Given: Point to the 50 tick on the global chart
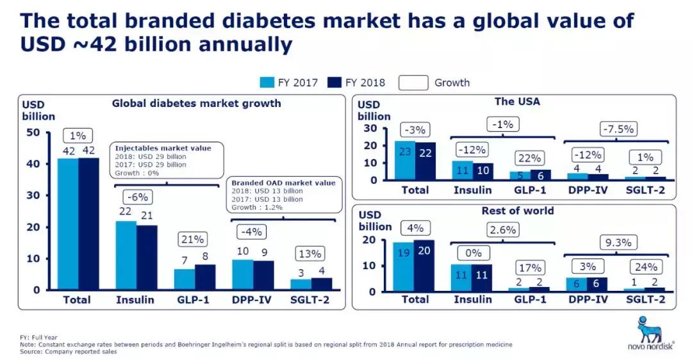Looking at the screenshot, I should [33, 133].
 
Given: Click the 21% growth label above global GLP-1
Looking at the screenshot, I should [190, 240].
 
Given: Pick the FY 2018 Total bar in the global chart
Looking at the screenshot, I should [89, 224].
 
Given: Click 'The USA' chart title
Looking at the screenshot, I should [516, 101].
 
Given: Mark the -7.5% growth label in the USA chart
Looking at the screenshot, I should [618, 129].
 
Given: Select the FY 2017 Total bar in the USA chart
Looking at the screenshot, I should [404, 160].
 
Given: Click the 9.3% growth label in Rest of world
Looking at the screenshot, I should [618, 243].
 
